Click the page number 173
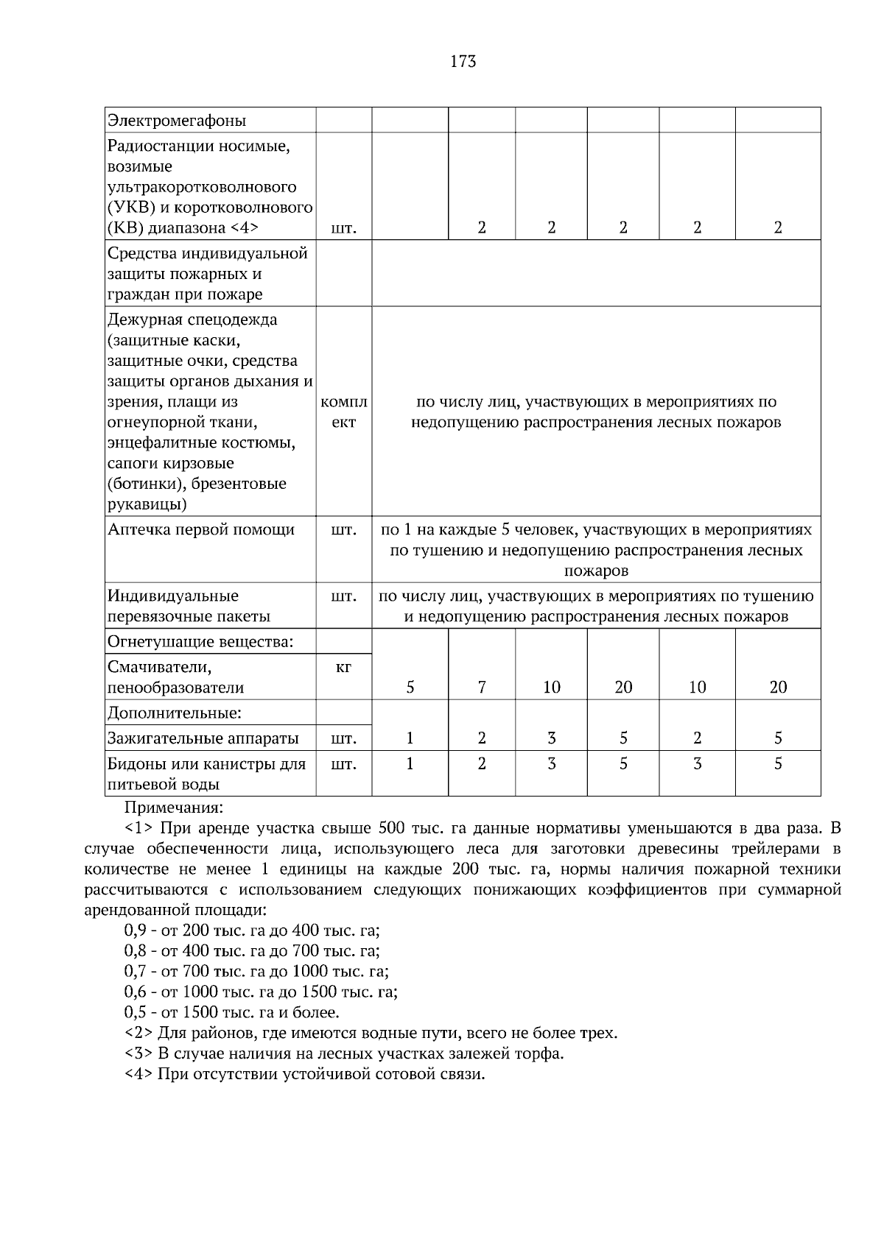pyautogui.click(x=463, y=62)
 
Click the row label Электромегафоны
pyautogui.click(x=177, y=120)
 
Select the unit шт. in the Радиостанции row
pyautogui.click(x=344, y=228)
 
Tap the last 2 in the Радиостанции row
pyautogui.click(x=778, y=227)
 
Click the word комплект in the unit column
pyautogui.click(x=344, y=412)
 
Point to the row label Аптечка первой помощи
pyautogui.click(x=201, y=529)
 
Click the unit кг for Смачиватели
pyautogui.click(x=344, y=667)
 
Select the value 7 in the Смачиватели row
pyautogui.click(x=481, y=687)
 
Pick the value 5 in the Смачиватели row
pyautogui.click(x=410, y=687)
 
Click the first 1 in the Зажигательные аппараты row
pyautogui.click(x=410, y=738)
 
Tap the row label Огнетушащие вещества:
pyautogui.click(x=200, y=641)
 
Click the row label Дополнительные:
pyautogui.click(x=175, y=713)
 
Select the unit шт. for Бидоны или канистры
pyautogui.click(x=344, y=764)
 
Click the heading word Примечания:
pyautogui.click(x=173, y=808)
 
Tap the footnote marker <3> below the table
pyautogui.click(x=139, y=1053)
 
